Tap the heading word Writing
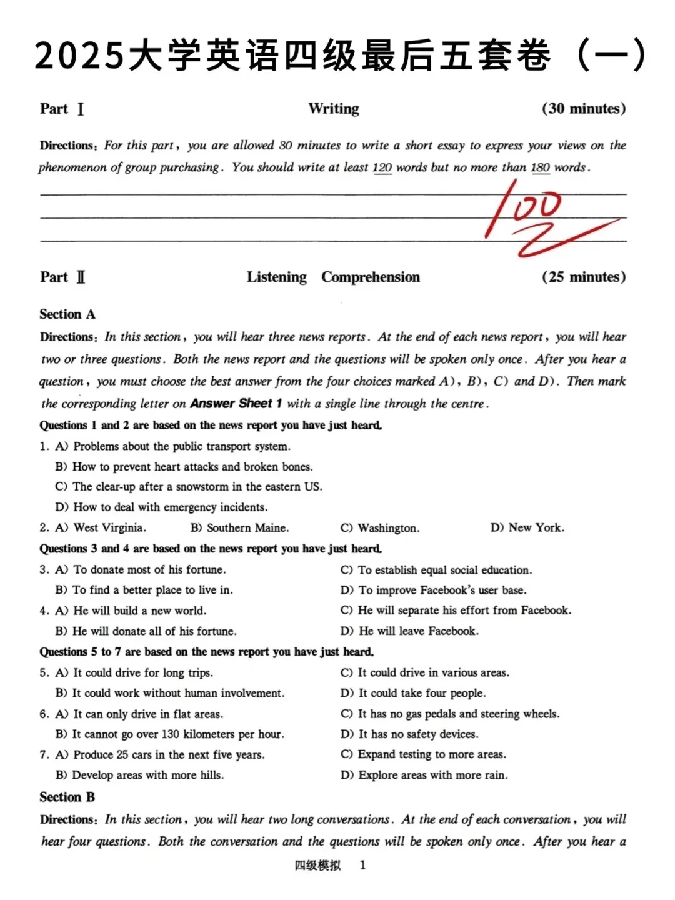(334, 109)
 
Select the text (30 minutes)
(584, 109)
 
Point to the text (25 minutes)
(584, 277)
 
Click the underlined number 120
(382, 167)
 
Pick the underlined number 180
(540, 167)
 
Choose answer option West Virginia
(109, 527)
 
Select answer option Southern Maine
(247, 527)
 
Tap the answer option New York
(536, 527)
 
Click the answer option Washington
(388, 528)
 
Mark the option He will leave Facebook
(418, 631)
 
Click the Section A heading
(67, 314)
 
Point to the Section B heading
(67, 797)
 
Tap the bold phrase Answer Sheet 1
(236, 404)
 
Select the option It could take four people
(421, 693)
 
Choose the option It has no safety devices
(418, 734)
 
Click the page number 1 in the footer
(363, 865)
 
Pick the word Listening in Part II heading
(277, 277)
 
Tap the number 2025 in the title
(79, 56)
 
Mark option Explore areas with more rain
(432, 775)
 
